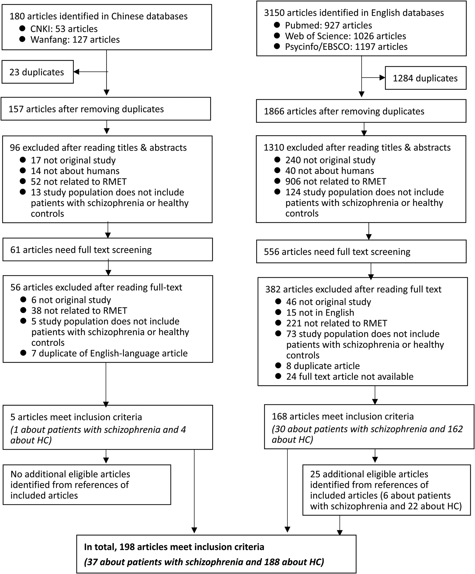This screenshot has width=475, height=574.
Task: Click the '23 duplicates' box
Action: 37,72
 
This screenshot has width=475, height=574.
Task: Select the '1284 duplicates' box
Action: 425,78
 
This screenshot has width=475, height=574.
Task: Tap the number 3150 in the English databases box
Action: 274,13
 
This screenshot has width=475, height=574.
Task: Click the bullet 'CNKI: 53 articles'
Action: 64,29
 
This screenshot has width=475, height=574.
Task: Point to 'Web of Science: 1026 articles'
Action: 345,36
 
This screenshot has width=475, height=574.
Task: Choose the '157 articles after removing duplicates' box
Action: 106,109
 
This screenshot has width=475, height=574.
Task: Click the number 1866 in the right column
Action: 274,111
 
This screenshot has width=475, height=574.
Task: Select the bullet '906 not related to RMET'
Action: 336,181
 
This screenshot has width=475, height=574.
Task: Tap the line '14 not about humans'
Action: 75,171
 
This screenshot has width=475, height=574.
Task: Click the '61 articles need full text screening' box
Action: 108,250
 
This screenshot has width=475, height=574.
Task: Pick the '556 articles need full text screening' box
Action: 361,252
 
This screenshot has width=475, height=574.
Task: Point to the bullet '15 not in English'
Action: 320,312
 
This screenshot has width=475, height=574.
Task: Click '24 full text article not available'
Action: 350,376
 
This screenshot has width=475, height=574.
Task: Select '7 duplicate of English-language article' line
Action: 109,353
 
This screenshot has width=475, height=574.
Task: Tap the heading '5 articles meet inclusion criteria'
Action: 76,417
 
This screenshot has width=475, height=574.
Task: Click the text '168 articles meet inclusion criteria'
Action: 343,416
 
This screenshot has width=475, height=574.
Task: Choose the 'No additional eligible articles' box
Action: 87,485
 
